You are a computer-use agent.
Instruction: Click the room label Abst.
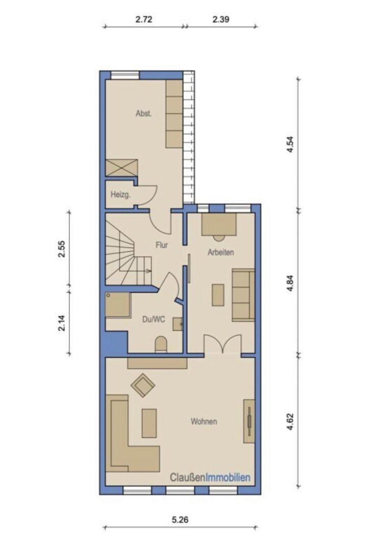point(144,114)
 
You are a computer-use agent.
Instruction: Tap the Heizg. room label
point(120,195)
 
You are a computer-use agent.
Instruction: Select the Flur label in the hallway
point(162,245)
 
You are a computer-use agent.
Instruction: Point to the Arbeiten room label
point(221,252)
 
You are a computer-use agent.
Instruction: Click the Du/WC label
point(153,319)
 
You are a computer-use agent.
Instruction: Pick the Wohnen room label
point(204,421)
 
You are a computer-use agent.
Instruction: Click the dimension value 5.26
point(180,519)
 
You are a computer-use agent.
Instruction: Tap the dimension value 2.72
point(144,19)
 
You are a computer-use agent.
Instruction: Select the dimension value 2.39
point(221,19)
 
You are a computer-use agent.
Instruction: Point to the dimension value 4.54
point(290,144)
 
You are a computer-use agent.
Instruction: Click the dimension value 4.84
point(290,284)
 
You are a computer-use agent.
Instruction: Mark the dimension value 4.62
point(290,422)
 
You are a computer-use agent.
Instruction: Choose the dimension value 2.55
point(62,249)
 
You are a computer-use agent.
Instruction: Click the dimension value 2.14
point(62,323)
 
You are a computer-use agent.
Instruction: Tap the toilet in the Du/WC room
point(161,344)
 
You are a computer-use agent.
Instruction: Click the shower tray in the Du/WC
point(118,305)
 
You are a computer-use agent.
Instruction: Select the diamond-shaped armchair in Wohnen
point(143,385)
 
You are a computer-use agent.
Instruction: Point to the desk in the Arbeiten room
point(219,225)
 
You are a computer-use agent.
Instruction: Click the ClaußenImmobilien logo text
point(210,477)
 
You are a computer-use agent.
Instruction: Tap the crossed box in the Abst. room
point(121,168)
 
